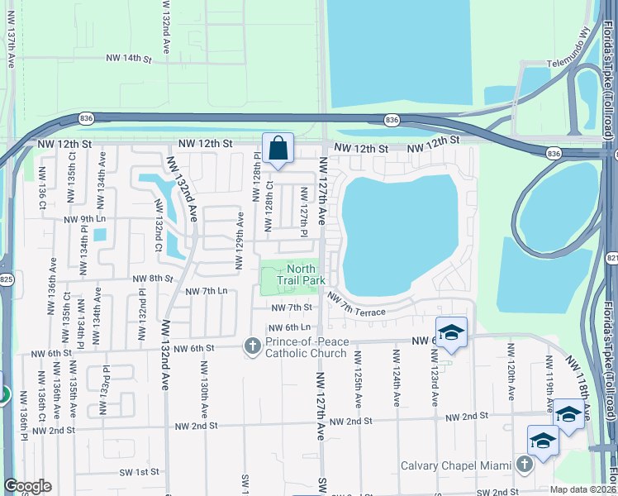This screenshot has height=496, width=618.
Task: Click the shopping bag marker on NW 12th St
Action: tap(278, 150)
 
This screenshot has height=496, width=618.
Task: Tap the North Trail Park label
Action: tap(301, 274)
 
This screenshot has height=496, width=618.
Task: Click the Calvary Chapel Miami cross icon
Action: tap(523, 465)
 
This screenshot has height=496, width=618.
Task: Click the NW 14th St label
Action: tap(130, 59)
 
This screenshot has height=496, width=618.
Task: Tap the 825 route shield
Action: tap(6, 279)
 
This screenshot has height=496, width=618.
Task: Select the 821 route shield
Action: tap(611, 259)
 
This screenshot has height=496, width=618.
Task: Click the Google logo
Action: tap(27, 486)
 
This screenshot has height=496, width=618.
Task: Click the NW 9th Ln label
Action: tap(85, 219)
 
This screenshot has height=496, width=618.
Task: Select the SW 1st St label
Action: tap(136, 472)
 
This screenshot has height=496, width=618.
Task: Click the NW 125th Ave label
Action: tap(359, 378)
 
